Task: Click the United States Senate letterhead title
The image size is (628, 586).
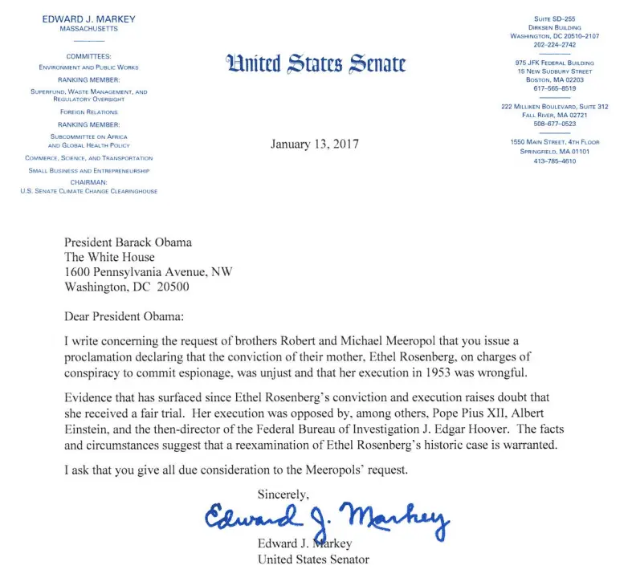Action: (316, 63)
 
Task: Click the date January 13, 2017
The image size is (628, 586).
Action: (316, 144)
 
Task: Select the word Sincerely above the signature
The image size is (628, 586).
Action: (283, 493)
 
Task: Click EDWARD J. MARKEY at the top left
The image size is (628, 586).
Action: (89, 19)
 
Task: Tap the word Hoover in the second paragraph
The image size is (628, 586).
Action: (463, 427)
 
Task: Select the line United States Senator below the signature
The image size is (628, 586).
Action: (313, 560)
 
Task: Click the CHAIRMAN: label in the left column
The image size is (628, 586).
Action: (89, 182)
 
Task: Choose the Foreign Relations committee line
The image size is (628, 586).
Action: (89, 112)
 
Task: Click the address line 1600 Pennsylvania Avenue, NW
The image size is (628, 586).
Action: (149, 272)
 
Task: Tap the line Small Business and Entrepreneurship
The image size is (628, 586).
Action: (89, 170)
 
